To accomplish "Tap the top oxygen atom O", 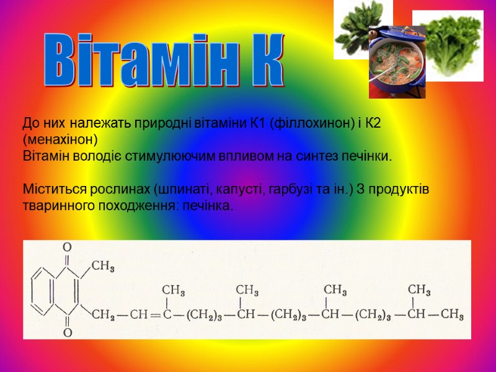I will coord(67,246).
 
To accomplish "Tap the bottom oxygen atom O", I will coord(67,333).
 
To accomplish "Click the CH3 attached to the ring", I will coord(103,267).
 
